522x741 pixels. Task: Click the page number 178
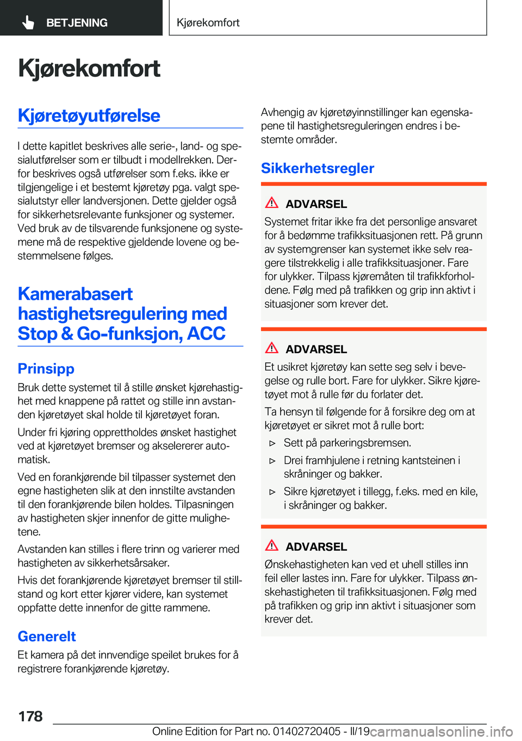(x=30, y=716)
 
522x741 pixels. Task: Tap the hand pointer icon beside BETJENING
(x=28, y=22)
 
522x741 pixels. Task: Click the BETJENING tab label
(x=77, y=23)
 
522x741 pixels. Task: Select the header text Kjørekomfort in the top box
(x=208, y=23)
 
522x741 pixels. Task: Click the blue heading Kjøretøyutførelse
(x=89, y=115)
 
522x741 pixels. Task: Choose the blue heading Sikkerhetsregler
(x=318, y=168)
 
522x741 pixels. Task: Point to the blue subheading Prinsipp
(x=46, y=368)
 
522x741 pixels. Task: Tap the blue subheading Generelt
(x=47, y=636)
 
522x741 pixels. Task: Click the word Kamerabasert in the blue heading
(x=76, y=294)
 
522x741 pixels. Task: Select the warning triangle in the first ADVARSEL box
(x=272, y=203)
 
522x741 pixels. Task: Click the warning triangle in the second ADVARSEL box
(x=272, y=348)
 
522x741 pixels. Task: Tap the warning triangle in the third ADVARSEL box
(x=272, y=546)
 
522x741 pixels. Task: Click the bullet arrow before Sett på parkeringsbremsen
(x=273, y=443)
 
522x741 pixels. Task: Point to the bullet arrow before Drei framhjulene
(x=273, y=461)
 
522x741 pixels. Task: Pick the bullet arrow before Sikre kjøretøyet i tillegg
(x=273, y=492)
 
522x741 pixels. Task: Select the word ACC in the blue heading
(x=206, y=333)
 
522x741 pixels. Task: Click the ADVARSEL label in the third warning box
(x=316, y=547)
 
